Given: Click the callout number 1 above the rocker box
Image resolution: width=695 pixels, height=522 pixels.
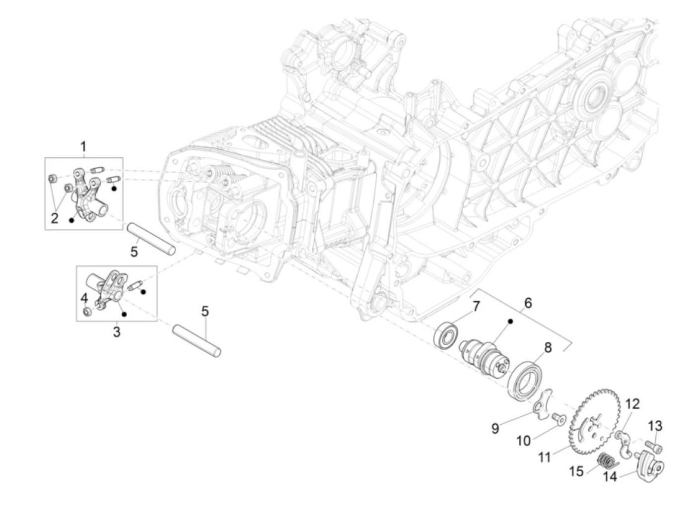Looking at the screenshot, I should pyautogui.click(x=83, y=147).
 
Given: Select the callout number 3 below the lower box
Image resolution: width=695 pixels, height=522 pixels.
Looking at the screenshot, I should pyautogui.click(x=116, y=331).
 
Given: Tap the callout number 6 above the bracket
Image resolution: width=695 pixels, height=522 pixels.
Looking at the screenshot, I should pyautogui.click(x=528, y=303).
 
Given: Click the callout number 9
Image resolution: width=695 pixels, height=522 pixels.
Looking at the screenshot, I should pyautogui.click(x=495, y=428).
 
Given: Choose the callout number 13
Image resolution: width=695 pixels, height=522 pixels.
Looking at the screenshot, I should pyautogui.click(x=655, y=426).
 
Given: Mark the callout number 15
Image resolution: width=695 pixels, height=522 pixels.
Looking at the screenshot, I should pyautogui.click(x=576, y=471).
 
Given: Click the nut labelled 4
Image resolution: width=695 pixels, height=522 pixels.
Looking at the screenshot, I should pyautogui.click(x=87, y=311).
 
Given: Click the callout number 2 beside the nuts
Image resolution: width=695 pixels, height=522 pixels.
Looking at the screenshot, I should pyautogui.click(x=55, y=217).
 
